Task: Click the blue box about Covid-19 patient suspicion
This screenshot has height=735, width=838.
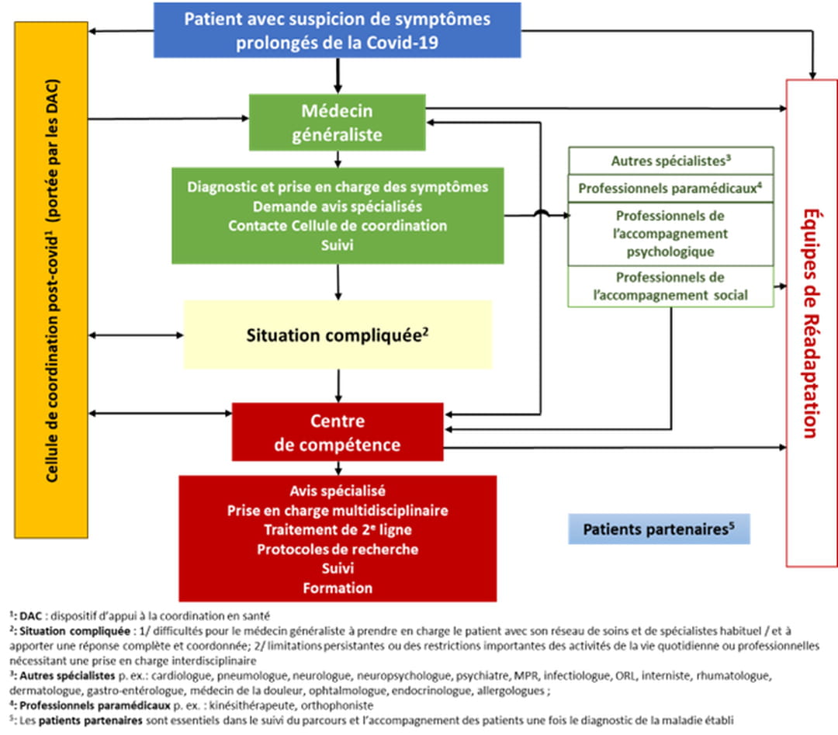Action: coord(338,29)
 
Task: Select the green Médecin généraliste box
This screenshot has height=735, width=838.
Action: coord(337,123)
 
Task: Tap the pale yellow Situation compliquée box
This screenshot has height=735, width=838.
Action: coord(338,335)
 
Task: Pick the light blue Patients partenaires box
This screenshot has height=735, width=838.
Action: coord(659,529)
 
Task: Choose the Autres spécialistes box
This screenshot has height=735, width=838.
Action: coord(671,161)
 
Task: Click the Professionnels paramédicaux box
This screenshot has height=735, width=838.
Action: coord(671,188)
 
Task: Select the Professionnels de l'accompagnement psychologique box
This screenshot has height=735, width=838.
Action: coord(671,233)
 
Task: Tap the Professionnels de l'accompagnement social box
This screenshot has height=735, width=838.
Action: coord(671,286)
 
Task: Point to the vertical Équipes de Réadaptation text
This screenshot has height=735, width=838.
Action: coord(811,322)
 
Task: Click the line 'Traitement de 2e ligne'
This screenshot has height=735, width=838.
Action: coord(338,530)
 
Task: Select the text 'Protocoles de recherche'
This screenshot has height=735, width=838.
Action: coord(338,550)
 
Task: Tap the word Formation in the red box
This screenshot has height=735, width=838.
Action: coord(338,588)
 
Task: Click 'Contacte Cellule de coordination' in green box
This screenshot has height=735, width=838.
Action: coord(338,226)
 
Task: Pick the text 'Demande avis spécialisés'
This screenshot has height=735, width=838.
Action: coord(338,206)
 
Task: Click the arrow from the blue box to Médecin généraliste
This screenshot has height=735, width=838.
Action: coord(338,76)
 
